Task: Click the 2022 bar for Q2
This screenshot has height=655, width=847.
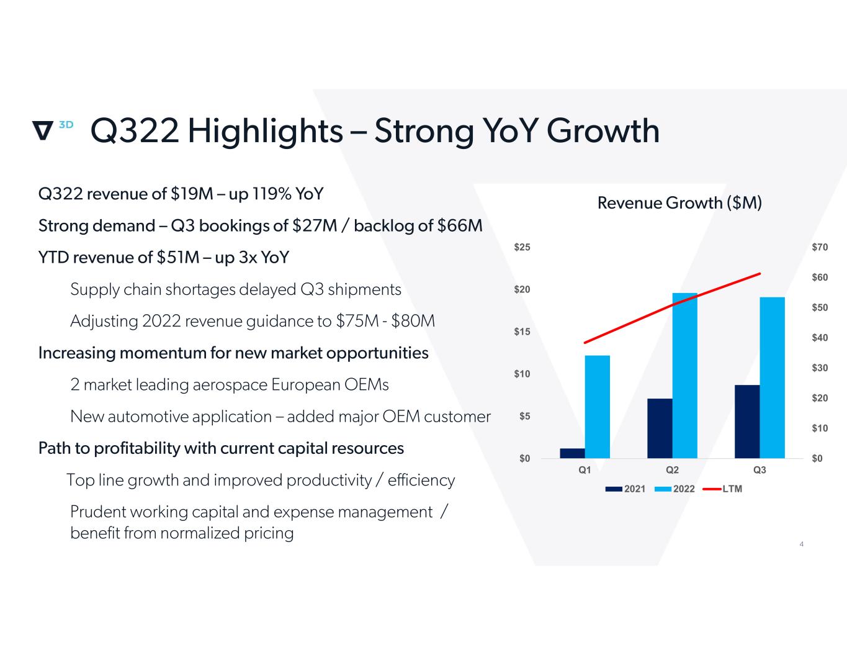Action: (x=684, y=376)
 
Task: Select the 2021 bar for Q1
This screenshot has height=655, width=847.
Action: (x=572, y=453)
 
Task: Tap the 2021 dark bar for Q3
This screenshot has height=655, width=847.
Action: (x=747, y=422)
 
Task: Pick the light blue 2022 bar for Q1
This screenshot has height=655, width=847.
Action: (x=598, y=407)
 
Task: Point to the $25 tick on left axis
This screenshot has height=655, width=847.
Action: (x=522, y=248)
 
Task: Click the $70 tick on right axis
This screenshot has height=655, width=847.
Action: (x=819, y=248)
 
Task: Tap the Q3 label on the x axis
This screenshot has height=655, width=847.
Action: (x=760, y=470)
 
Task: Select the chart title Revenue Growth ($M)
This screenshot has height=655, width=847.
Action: (x=679, y=203)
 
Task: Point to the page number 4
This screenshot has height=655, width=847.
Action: (x=802, y=544)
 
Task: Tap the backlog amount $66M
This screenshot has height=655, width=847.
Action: (x=460, y=225)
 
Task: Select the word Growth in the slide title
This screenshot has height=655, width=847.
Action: (x=603, y=131)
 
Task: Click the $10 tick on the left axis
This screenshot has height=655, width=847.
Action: (x=522, y=374)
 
